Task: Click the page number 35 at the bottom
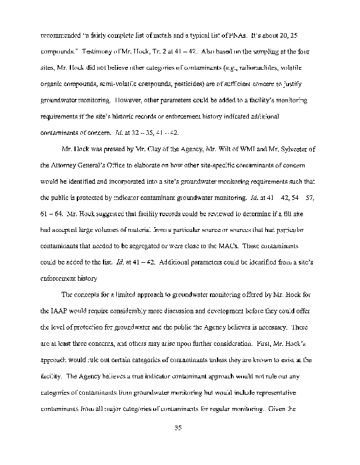pyautogui.click(x=179, y=429)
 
